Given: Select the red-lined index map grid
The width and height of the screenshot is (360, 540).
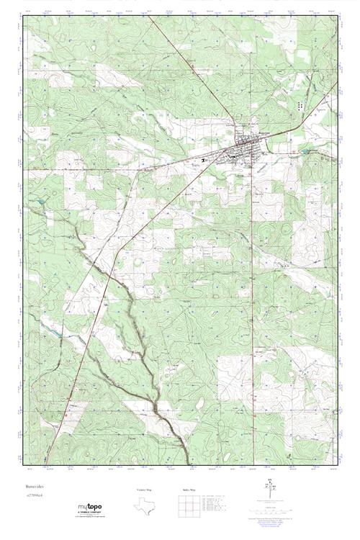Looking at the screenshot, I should pos(188,505).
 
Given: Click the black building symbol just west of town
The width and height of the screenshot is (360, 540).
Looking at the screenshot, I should pos(204,158).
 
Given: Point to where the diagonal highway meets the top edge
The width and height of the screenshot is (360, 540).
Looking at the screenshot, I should pos(150,17).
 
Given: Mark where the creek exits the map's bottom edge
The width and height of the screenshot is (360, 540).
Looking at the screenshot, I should pos(188,461).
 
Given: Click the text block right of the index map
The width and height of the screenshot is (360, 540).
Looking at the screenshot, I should pos(223,503).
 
